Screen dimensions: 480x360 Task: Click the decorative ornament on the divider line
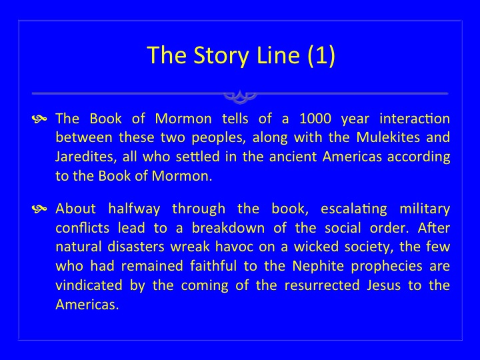click(x=240, y=96)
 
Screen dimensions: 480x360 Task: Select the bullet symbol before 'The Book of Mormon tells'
click(x=39, y=119)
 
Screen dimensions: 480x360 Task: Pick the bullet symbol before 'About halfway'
click(x=39, y=209)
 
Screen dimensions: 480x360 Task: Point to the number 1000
click(x=315, y=119)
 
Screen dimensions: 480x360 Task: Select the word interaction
click(x=415, y=119)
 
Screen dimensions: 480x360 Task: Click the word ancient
click(x=293, y=157)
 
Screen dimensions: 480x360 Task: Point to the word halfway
click(x=134, y=209)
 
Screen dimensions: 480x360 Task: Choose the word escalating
click(x=354, y=209)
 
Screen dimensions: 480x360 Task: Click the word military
click(x=425, y=209)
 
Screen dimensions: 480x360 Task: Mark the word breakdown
click(x=229, y=228)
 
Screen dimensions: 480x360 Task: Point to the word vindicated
click(x=89, y=285)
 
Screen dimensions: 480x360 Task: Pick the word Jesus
click(x=383, y=285)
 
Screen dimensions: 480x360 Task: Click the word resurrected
click(x=322, y=285)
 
